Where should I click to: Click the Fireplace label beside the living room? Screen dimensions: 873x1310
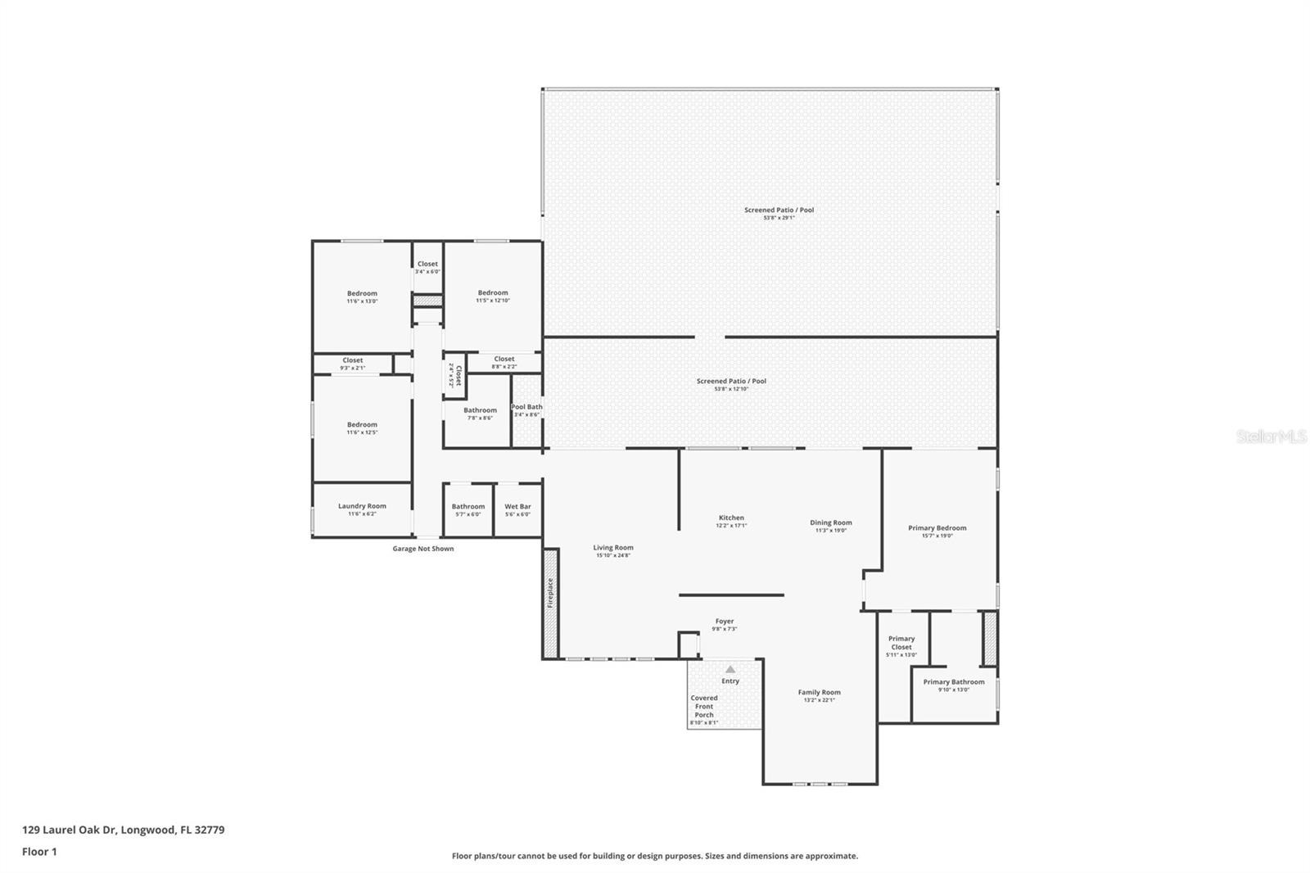[550, 593]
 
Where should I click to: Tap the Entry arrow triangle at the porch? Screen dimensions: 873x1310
[730, 669]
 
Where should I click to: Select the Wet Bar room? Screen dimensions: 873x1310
[517, 509]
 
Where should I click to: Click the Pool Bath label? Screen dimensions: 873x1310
[527, 407]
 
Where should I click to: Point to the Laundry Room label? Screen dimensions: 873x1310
[362, 506]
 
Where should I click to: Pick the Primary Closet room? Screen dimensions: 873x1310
[901, 645]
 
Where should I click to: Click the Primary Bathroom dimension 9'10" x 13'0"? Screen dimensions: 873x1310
[954, 690]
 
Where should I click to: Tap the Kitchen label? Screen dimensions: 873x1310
[731, 518]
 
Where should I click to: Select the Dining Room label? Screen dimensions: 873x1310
[831, 522]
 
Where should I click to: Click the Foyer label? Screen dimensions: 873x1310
[725, 622]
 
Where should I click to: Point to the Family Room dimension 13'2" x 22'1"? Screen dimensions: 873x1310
[820, 700]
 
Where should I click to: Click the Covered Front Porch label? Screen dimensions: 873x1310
[704, 707]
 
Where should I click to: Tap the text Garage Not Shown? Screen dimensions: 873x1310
[423, 549]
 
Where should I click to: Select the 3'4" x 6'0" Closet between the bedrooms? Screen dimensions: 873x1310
[427, 267]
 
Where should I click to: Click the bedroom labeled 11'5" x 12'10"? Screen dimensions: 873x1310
[493, 296]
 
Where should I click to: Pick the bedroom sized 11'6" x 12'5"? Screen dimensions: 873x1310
[362, 427]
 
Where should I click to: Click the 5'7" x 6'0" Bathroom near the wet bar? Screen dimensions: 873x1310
[468, 509]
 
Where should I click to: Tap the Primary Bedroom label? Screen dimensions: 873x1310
[937, 528]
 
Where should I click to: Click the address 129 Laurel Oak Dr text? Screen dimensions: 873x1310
[123, 830]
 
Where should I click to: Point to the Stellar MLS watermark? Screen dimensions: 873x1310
[1272, 437]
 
